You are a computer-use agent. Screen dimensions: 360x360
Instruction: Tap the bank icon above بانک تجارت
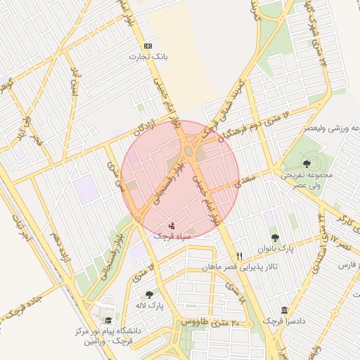coord(147,46)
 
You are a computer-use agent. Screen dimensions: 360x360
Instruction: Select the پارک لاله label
coord(148,306)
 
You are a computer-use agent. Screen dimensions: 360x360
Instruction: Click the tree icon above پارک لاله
coord(148,295)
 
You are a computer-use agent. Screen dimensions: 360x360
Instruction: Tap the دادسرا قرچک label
coord(283,321)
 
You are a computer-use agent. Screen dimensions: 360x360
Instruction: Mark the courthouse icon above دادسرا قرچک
coord(284,310)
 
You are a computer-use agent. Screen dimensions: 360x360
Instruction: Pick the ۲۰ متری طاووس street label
coord(211,321)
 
